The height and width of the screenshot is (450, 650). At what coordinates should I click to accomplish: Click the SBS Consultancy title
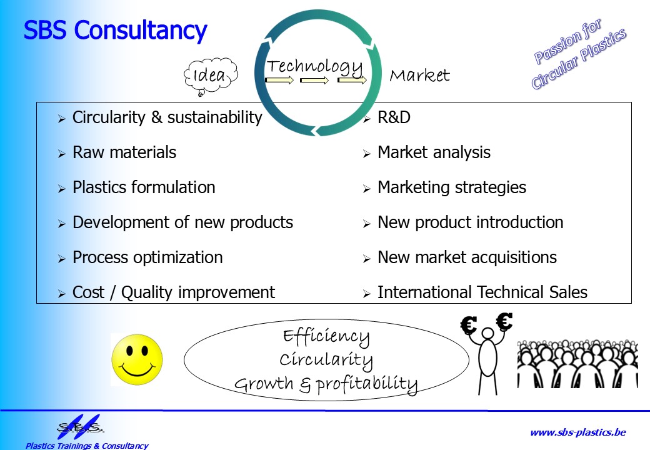point(115,30)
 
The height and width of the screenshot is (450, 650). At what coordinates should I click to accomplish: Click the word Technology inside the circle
point(314,66)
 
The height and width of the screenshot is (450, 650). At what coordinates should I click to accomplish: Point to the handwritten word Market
point(419,75)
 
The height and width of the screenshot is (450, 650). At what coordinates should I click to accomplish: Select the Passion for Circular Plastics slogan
point(579,54)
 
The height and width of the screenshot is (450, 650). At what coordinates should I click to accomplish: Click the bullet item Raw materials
point(124,152)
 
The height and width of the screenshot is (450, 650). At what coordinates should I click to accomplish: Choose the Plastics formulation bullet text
point(144,187)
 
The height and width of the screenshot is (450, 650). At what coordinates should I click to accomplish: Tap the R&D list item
point(394,117)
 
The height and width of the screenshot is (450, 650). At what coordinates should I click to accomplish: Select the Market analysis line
point(434,152)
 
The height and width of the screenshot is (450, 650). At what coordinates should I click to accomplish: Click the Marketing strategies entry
point(452,187)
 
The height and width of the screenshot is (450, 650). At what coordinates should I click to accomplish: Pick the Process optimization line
point(147,257)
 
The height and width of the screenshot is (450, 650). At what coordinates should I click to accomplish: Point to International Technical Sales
point(482,292)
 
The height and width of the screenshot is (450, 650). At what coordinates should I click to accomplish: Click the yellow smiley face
point(137,359)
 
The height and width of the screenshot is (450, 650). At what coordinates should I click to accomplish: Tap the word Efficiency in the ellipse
point(326,337)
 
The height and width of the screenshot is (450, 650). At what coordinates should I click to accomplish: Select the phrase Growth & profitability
point(326,384)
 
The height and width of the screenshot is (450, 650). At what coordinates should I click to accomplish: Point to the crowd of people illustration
point(577,364)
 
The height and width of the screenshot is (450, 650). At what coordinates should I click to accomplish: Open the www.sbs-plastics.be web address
point(578,432)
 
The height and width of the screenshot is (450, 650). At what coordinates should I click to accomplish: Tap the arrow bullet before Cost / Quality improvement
point(62,294)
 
